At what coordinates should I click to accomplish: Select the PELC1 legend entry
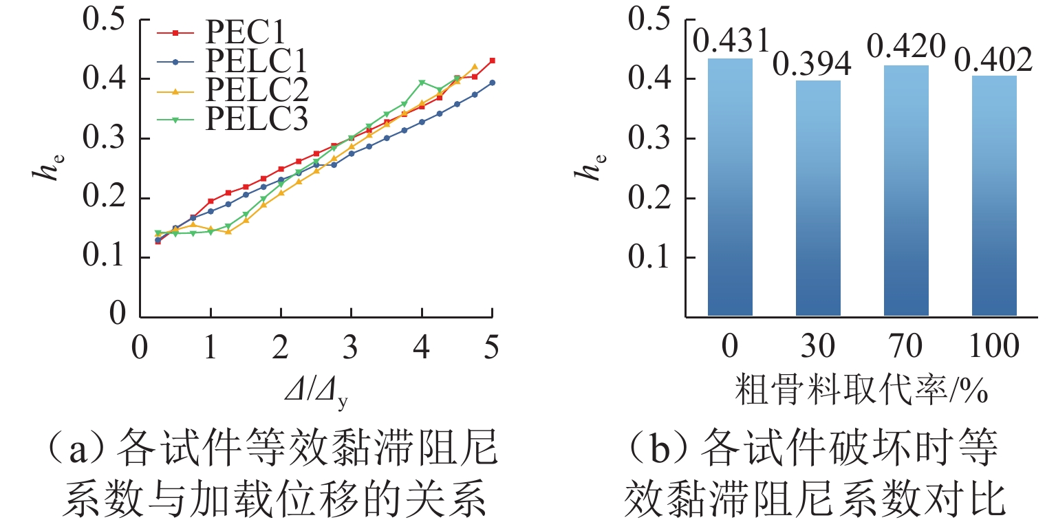tap(255, 62)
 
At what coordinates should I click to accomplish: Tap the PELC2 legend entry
tap(255, 91)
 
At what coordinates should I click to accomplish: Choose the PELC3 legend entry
tap(255, 120)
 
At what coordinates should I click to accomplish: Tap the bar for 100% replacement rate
tap(994, 196)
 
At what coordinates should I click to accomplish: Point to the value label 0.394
tap(813, 65)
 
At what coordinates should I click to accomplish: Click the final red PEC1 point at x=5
tap(492, 61)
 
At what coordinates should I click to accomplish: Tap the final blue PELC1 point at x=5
tap(492, 83)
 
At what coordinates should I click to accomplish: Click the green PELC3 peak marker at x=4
tap(422, 83)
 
